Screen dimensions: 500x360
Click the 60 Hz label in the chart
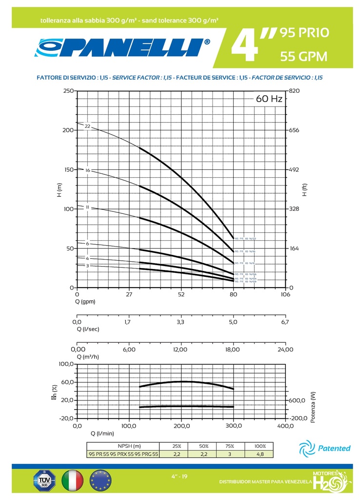269,99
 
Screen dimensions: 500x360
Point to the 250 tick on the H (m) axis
69,91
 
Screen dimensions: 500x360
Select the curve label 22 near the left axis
88,126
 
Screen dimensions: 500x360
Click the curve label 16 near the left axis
88,170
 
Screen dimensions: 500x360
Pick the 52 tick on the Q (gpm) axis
181,294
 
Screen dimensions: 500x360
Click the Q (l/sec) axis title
88,329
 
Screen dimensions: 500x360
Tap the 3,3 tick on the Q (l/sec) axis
180,322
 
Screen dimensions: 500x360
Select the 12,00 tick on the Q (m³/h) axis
180,349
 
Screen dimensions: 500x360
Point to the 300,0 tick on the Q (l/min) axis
234,426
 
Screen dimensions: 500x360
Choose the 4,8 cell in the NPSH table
260,454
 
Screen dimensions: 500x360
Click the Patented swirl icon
307,447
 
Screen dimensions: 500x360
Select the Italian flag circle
72,480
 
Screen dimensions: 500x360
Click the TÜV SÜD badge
44,480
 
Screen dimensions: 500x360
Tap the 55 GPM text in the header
303,57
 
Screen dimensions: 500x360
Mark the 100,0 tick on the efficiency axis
66,364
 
